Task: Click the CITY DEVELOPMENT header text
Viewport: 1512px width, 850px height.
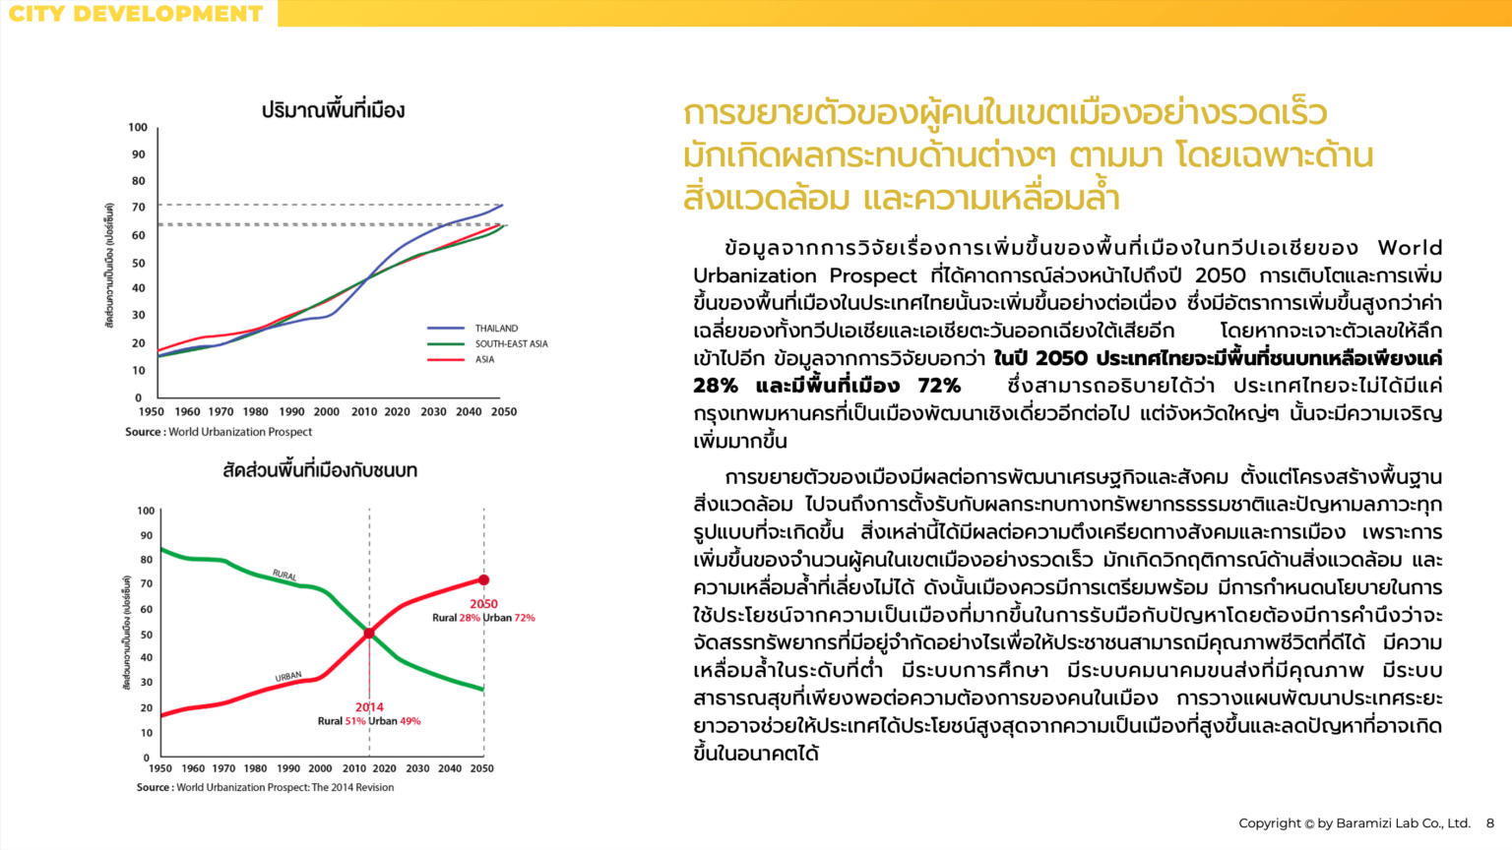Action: pyautogui.click(x=136, y=14)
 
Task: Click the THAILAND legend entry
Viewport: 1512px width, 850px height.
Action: pyautogui.click(x=496, y=329)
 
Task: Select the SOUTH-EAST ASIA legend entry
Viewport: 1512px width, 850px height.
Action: pyautogui.click(x=511, y=344)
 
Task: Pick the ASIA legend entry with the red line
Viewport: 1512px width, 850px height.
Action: pyautogui.click(x=484, y=360)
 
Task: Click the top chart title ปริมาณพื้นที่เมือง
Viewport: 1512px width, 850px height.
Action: pyautogui.click(x=333, y=110)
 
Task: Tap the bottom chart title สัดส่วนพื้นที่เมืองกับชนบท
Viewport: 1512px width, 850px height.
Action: pyautogui.click(x=320, y=470)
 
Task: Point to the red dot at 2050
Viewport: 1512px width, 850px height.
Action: pyautogui.click(x=483, y=580)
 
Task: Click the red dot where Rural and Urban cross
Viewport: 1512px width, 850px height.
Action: pyautogui.click(x=369, y=634)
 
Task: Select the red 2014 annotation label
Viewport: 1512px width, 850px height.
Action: pyautogui.click(x=369, y=707)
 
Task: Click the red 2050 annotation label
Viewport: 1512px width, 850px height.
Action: pyautogui.click(x=483, y=604)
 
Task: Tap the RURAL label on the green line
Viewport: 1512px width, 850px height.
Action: pyautogui.click(x=284, y=575)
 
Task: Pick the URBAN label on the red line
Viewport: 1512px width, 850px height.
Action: pyautogui.click(x=288, y=677)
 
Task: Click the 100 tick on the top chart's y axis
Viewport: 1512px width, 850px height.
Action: pyautogui.click(x=138, y=127)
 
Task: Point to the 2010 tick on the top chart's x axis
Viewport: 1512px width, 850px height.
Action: pyautogui.click(x=364, y=412)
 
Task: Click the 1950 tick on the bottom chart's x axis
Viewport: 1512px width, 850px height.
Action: pyautogui.click(x=159, y=768)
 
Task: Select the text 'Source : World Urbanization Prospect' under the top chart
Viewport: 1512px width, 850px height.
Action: pyautogui.click(x=219, y=432)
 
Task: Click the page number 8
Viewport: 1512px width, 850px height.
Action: pyautogui.click(x=1490, y=823)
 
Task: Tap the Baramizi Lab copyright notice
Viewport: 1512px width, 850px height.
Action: pyautogui.click(x=1354, y=823)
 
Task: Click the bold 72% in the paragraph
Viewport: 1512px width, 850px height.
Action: pyautogui.click(x=939, y=386)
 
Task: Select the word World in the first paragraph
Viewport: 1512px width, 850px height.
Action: pyautogui.click(x=1410, y=248)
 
